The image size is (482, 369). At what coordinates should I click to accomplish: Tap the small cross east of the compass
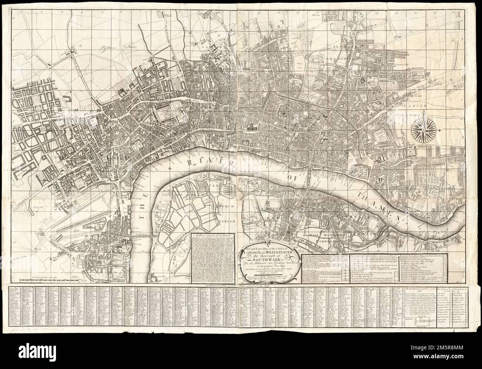click(439, 130)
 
